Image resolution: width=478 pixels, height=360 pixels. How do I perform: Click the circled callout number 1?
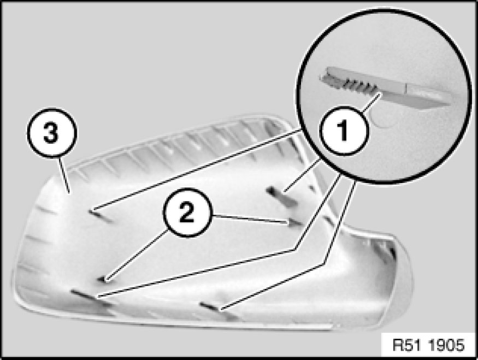tap(344, 131)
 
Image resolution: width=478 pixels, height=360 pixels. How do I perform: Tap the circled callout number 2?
tap(187, 213)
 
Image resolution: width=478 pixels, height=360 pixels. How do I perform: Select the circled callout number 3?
tap(51, 133)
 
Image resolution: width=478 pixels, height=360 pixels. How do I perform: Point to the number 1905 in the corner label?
tap(446, 345)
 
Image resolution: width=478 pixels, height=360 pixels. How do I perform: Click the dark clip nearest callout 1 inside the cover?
tap(282, 197)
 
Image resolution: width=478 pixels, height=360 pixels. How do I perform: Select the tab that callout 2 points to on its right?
tap(295, 223)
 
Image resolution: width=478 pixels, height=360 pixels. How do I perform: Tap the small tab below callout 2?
tap(103, 279)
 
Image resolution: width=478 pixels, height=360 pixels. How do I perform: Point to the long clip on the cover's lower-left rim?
tap(90, 297)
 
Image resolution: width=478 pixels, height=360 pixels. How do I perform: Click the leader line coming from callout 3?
tap(64, 175)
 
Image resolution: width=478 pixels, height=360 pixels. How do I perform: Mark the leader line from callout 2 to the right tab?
tap(250, 220)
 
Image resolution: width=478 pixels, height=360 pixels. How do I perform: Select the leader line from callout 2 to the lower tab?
tap(136, 254)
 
